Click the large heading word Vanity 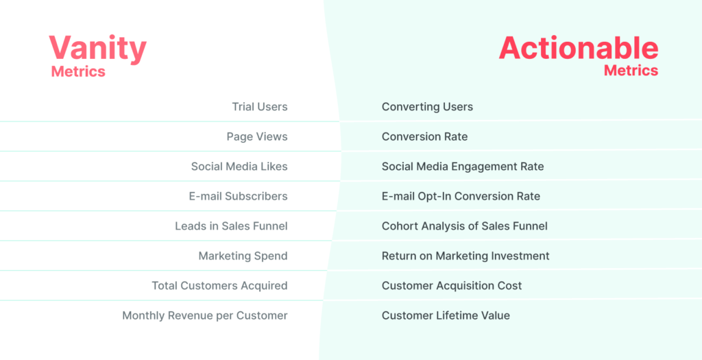pos(97,49)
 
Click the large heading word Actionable pos(578,48)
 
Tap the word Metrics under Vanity pos(78,71)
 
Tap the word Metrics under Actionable pos(631,70)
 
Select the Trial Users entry pos(259,107)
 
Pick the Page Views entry pos(256,136)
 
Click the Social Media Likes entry pos(239,167)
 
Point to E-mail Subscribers pos(238,196)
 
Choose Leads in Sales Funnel pos(231,226)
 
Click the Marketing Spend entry pos(243,256)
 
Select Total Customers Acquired pos(219,286)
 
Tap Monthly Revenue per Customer pos(204,315)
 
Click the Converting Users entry pos(427,107)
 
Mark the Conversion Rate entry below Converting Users pos(424,136)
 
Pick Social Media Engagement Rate pos(463,167)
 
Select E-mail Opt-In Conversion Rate pos(461,196)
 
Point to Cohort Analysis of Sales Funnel pos(464,226)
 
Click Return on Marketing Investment pos(465,256)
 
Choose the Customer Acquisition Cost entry pos(452,286)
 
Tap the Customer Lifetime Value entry pos(446,315)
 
